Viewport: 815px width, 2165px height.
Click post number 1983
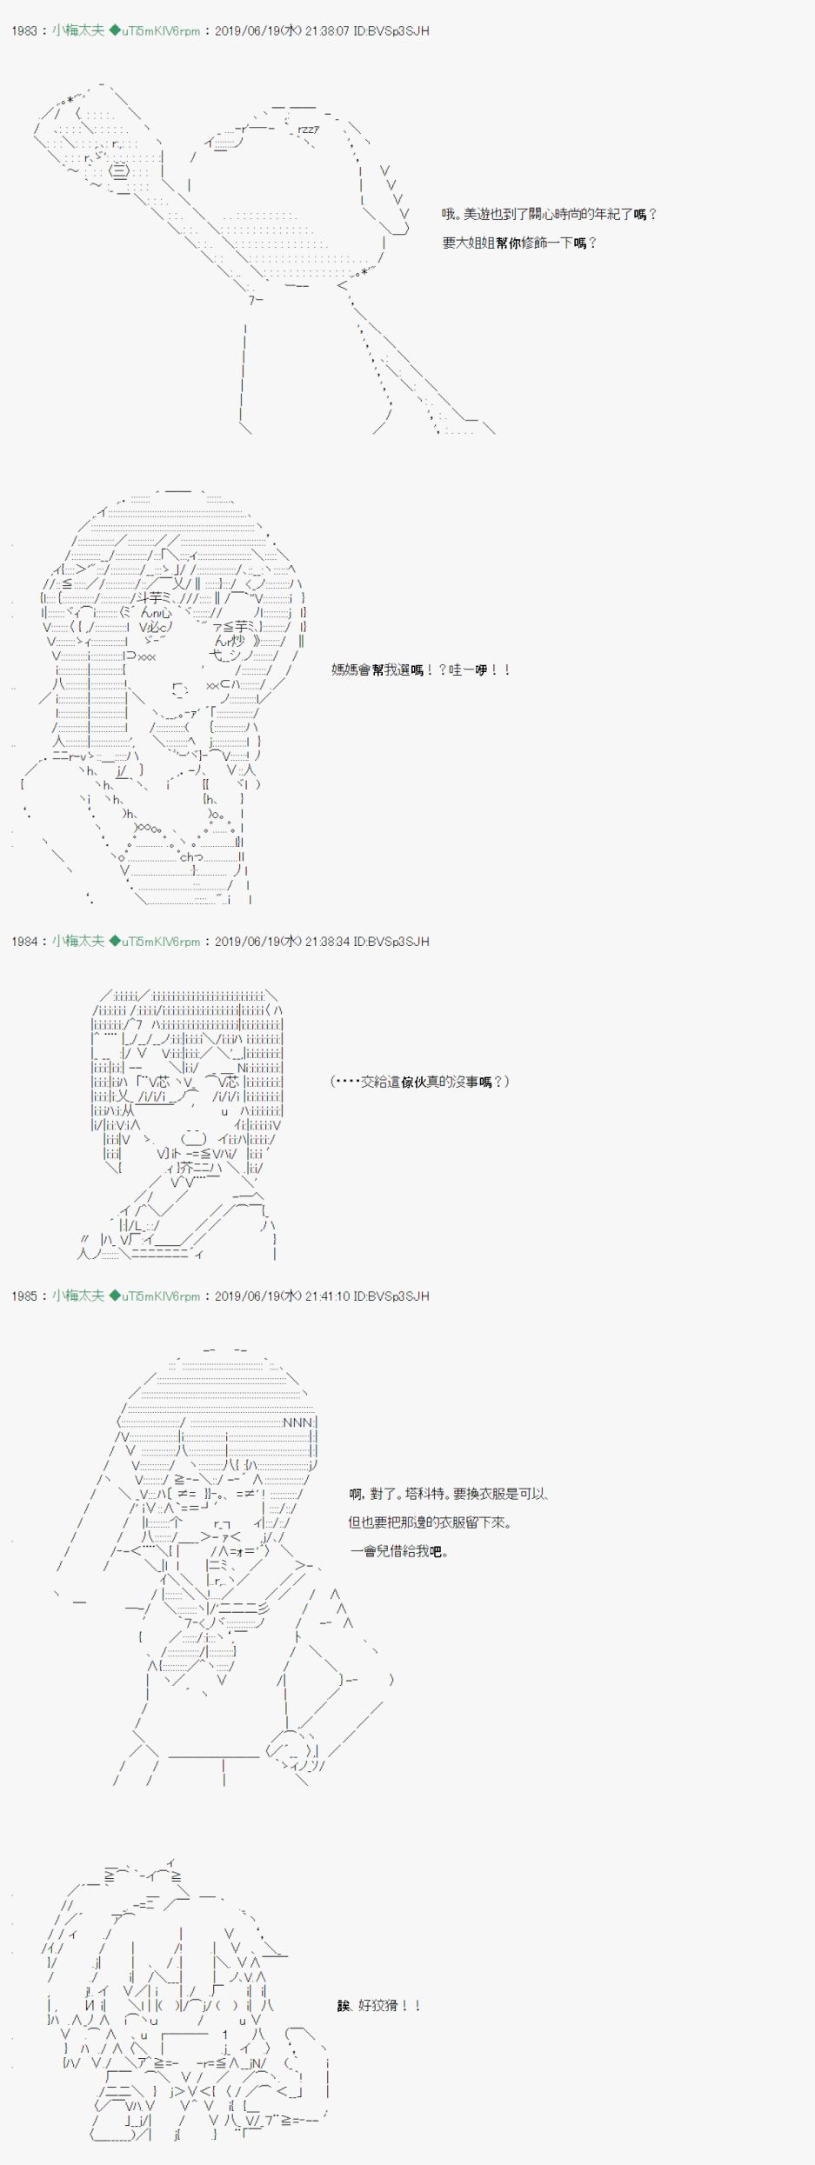24,30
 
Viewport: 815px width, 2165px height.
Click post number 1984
24,941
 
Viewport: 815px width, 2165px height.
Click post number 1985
24,1296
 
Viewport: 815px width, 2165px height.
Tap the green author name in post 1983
78,30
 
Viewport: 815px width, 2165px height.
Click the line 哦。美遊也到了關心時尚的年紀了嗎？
550,214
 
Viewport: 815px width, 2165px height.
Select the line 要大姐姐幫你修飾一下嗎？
520,243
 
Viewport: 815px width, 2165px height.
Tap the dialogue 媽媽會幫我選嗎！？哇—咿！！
422,669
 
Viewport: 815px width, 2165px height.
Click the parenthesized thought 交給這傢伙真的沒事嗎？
420,1082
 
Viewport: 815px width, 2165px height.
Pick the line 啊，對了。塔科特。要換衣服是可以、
449,1494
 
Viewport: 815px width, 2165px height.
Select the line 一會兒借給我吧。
399,1551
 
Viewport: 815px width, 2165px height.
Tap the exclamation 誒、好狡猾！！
379,2006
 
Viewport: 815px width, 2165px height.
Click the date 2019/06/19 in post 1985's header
247,1296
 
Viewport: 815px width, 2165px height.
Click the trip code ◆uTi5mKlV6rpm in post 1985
155,1296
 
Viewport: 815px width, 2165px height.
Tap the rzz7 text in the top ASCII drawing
308,130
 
